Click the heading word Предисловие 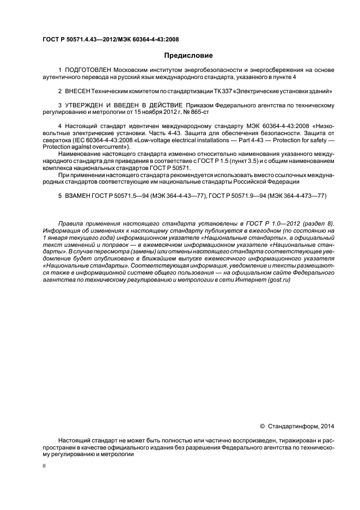point(188,55)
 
